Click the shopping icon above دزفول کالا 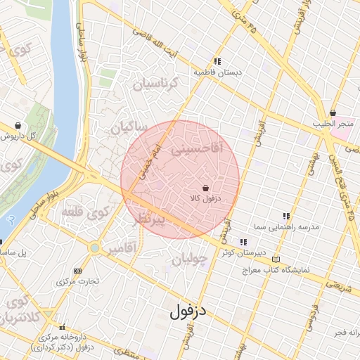(x=205, y=188)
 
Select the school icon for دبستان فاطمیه (x=218, y=61)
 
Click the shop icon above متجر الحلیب (x=333, y=113)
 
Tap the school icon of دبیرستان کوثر (x=244, y=242)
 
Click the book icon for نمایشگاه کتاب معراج (x=275, y=259)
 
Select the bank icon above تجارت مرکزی (x=77, y=271)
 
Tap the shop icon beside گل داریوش (x=18, y=126)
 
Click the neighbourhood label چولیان (x=188, y=261)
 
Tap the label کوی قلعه (x=86, y=212)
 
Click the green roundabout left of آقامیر (x=94, y=247)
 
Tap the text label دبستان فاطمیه (x=218, y=72)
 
